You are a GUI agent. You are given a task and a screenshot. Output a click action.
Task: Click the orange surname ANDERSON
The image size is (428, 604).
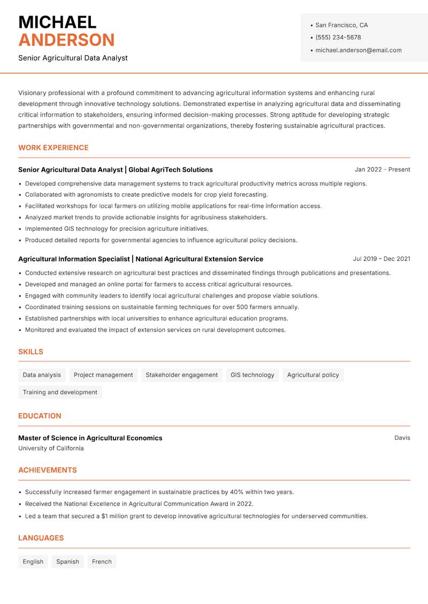pos(66,40)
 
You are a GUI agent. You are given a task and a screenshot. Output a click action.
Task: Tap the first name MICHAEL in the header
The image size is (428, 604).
pos(57,22)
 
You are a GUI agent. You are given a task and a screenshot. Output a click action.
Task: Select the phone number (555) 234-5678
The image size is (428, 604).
pos(338,37)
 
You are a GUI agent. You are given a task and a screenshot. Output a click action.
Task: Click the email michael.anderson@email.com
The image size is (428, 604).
pos(358,50)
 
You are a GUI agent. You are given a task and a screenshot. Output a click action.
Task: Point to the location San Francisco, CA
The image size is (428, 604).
pos(341,25)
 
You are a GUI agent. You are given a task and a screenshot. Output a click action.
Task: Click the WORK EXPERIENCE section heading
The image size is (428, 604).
pos(53,148)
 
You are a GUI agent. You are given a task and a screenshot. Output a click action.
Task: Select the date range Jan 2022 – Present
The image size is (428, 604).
pos(382,169)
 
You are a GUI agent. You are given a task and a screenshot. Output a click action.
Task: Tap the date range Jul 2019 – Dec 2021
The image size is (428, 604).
pos(381,259)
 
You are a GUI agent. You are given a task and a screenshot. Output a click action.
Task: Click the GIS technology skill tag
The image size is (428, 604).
pos(252,375)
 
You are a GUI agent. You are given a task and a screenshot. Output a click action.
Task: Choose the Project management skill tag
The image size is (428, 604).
pos(103,375)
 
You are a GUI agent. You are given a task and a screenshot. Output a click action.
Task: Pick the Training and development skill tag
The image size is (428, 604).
pos(60,392)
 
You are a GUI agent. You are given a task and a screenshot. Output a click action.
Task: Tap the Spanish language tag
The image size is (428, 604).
pos(67,562)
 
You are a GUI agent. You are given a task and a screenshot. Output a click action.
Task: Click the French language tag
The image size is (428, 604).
pos(102,562)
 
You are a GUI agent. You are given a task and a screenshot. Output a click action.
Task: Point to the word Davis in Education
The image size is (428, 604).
pos(402,438)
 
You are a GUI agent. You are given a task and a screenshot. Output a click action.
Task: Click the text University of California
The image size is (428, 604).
pos(51,448)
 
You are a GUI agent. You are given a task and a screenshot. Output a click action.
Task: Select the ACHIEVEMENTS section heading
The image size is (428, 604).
pos(48,470)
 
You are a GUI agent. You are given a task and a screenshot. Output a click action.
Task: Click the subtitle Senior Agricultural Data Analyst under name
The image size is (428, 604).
pos(73,58)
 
